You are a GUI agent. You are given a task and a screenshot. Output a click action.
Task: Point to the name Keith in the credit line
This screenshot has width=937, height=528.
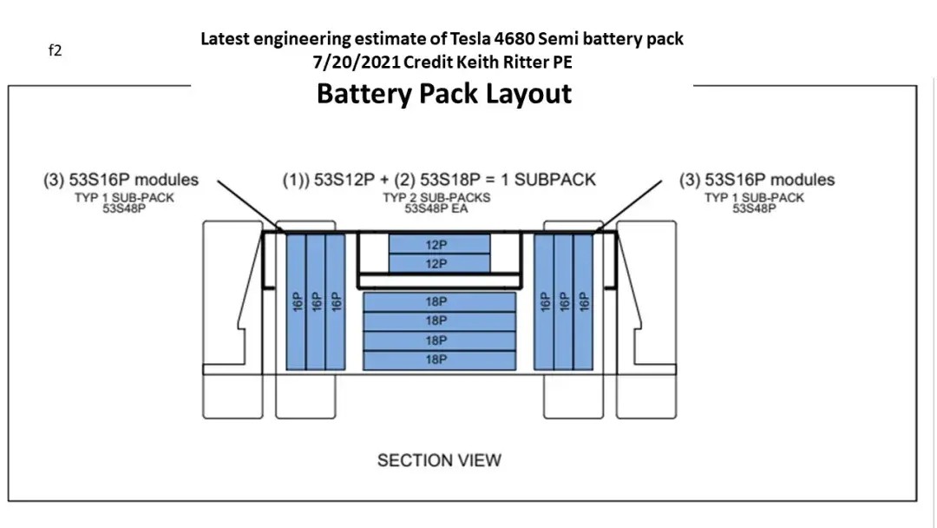[482, 63]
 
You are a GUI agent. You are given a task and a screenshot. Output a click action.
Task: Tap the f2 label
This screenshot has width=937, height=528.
[55, 50]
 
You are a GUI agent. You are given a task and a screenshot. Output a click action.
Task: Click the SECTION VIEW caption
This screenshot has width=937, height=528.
[439, 460]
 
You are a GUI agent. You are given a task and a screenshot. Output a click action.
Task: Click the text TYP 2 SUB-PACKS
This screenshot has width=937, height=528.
[436, 198]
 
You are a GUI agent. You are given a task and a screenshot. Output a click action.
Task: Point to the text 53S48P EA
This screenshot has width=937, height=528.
[436, 208]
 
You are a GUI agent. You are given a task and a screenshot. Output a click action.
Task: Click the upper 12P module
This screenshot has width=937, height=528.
[438, 244]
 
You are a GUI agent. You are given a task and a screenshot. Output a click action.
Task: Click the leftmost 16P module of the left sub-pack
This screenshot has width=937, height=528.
[296, 302]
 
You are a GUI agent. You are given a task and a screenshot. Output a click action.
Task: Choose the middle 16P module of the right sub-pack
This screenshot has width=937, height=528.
[564, 302]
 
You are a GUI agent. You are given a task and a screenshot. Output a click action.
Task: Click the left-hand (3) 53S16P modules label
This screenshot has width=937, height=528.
[121, 180]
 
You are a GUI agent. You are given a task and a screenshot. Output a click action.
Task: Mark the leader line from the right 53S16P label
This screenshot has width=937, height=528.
[625, 205]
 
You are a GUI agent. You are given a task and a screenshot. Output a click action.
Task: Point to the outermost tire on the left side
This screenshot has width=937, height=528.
[233, 317]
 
